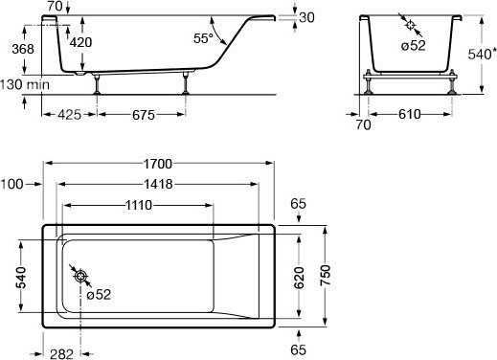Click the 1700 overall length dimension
(158, 164)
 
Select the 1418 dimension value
(158, 184)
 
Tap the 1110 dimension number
(138, 205)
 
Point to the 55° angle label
(203, 38)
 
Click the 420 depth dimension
(80, 42)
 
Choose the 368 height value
(23, 49)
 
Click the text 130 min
(25, 85)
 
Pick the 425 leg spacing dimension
(69, 115)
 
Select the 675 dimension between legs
(144, 115)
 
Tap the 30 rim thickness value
(307, 17)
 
